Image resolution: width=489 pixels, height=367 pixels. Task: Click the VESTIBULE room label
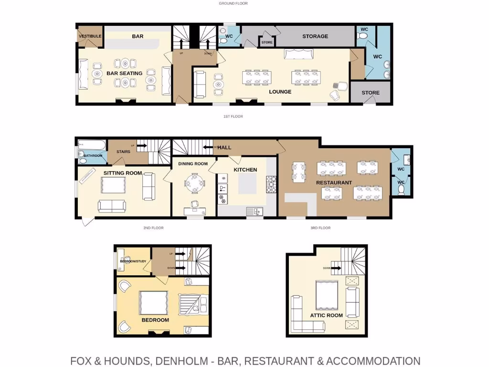[90, 36]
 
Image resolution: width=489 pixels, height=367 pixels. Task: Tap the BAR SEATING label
[124, 74]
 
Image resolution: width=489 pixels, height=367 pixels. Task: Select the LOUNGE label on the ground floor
[280, 92]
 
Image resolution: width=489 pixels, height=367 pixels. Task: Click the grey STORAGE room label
[315, 36]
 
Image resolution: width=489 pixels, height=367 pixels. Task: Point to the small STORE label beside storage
[267, 43]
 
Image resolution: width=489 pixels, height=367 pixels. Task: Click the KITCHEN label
[245, 170]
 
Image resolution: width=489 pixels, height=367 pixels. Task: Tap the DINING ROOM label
[193, 164]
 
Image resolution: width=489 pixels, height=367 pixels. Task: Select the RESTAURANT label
[334, 183]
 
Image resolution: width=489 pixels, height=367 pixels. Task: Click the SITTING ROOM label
[123, 173]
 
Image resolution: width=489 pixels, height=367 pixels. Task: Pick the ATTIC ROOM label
[327, 315]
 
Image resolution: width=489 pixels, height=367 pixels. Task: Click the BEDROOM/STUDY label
[133, 261]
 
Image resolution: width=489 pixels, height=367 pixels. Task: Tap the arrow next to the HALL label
[208, 147]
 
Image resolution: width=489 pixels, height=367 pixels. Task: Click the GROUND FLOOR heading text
[233, 3]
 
